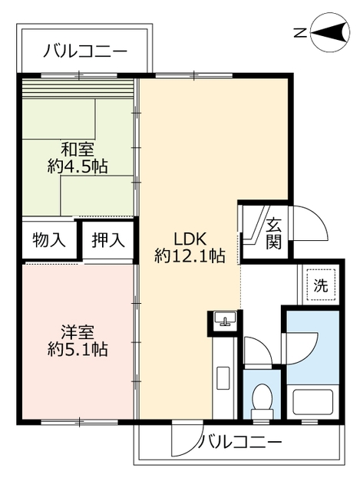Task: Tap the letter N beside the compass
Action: [x=301, y=31]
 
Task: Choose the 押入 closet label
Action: [x=108, y=240]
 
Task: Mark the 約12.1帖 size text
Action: [x=190, y=256]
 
